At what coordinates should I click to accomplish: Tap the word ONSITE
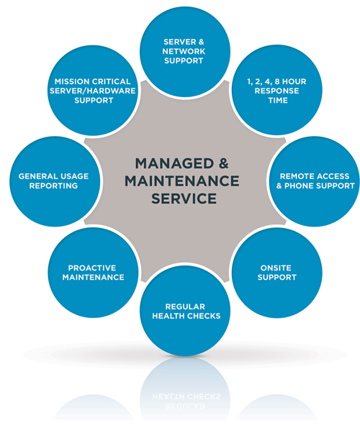[x=276, y=267]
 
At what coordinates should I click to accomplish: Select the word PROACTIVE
[x=93, y=268]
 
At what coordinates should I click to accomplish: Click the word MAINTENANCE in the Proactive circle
[x=93, y=277]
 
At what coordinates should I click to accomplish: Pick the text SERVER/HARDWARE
[x=93, y=91]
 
